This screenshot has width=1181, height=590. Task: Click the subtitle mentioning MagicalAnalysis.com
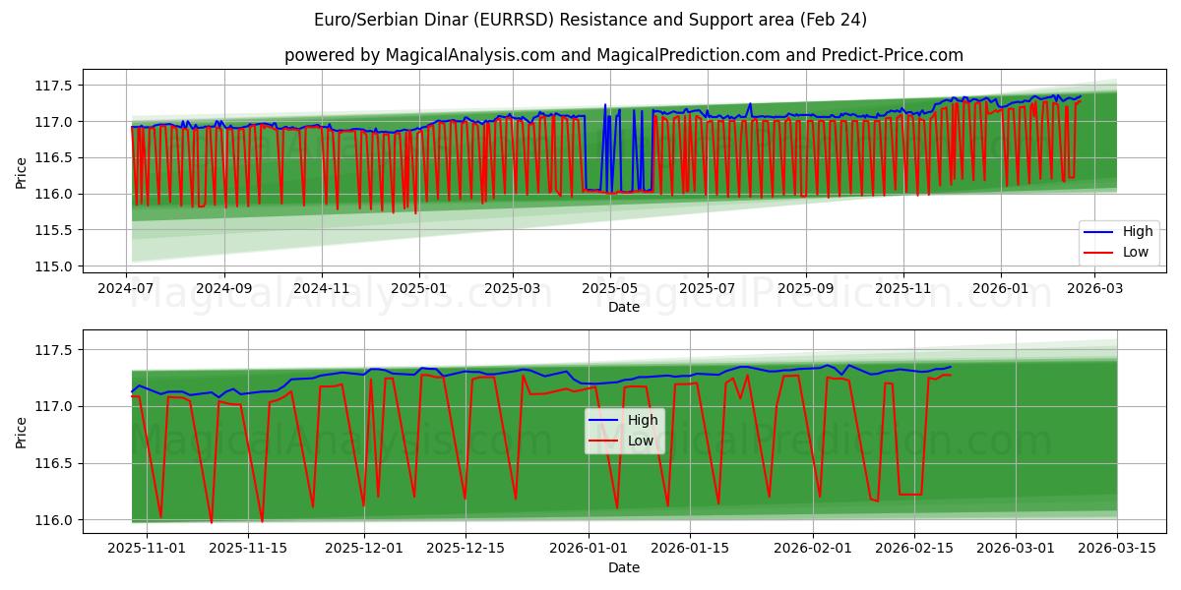(x=623, y=55)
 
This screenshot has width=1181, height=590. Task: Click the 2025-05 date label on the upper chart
(x=609, y=289)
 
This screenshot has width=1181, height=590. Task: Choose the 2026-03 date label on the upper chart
(x=1094, y=289)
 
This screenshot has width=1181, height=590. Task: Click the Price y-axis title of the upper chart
(x=22, y=173)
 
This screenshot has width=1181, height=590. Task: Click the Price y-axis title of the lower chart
(x=22, y=431)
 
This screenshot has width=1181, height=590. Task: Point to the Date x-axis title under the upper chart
(x=623, y=307)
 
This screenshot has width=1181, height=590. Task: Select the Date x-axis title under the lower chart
(x=623, y=567)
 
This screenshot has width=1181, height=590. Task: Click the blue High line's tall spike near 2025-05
(x=605, y=105)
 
